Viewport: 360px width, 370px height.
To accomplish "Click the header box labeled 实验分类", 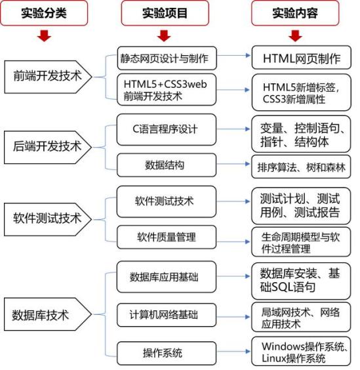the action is (44, 13).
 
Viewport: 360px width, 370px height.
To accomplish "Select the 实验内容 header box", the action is (295, 13).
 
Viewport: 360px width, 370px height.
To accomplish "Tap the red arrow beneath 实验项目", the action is (164, 35).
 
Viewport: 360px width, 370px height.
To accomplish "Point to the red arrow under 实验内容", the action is (295, 35).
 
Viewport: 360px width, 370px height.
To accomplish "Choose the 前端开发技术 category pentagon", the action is (48, 77).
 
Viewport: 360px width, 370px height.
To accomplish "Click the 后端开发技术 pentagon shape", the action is (48, 147).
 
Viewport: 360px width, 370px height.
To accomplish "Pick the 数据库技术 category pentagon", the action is (48, 314).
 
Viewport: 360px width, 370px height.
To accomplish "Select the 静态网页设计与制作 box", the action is (167, 58).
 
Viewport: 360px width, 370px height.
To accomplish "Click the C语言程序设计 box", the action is (167, 129).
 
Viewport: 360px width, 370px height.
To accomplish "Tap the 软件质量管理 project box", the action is (167, 237).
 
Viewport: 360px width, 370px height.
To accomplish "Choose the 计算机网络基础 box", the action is (167, 315).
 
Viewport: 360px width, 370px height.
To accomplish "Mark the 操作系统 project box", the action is (167, 353).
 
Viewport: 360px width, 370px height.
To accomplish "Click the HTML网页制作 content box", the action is (302, 58).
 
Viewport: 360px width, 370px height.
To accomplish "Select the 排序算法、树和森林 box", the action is (301, 167).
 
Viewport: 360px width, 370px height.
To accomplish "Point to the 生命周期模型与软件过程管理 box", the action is (301, 242).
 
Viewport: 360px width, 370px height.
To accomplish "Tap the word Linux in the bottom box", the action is (274, 358).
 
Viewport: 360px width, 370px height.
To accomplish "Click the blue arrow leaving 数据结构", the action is (233, 164).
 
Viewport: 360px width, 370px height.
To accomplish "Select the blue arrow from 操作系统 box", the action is (233, 352).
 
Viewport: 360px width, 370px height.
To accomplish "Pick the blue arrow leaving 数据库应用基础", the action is (233, 276).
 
